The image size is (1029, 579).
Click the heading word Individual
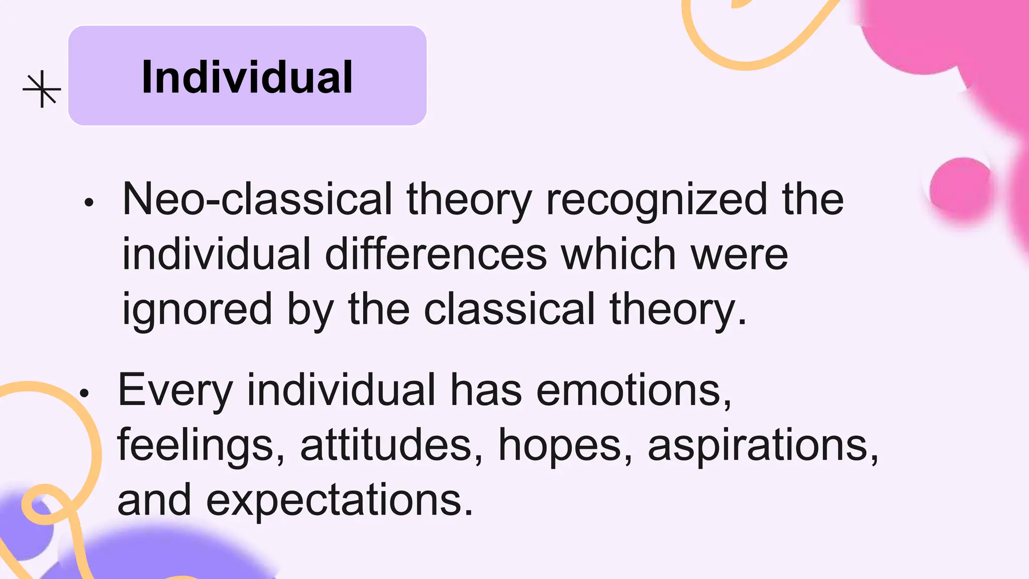point(247,77)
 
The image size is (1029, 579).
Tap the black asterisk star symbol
point(42,89)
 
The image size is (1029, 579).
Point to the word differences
point(436,254)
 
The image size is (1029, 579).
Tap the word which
point(618,254)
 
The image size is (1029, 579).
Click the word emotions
point(633,391)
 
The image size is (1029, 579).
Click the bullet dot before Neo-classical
point(89,203)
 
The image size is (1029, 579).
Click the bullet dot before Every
point(84,393)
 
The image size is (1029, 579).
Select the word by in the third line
point(310,310)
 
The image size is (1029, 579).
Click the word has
point(485,391)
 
